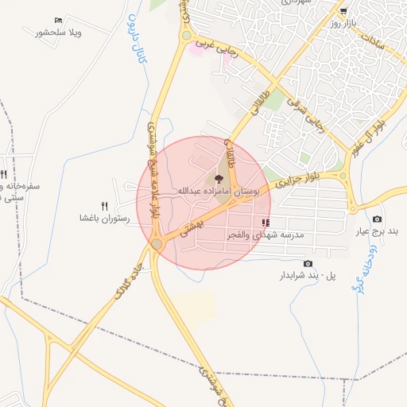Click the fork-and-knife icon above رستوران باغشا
point(104,206)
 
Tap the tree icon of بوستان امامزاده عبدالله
point(219,178)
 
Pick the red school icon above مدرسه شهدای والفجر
point(265,223)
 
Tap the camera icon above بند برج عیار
point(377,219)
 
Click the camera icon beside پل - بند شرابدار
point(308,263)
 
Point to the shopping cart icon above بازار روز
point(343,11)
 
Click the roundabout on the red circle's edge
point(157,243)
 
